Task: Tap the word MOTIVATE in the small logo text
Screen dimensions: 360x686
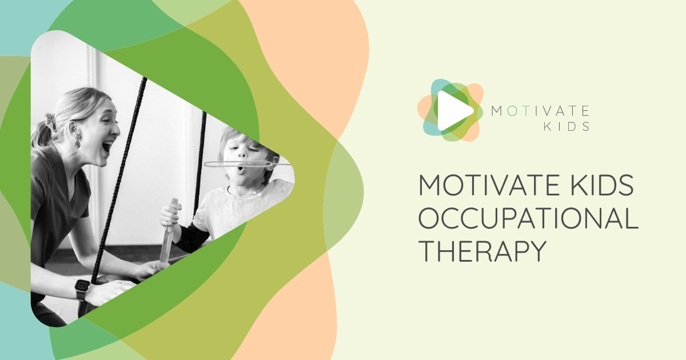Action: click(x=540, y=110)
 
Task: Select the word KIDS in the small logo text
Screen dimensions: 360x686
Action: click(x=568, y=126)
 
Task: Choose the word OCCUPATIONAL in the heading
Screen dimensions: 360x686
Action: click(x=528, y=219)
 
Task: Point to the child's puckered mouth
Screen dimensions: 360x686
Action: click(x=240, y=169)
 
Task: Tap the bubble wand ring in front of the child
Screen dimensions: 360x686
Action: click(x=240, y=165)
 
